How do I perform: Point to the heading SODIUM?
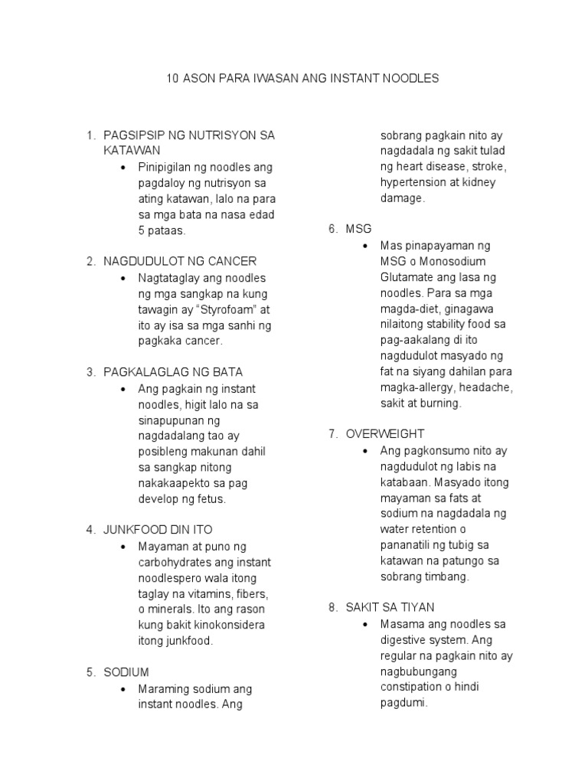[126, 672]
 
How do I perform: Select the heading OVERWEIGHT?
[384, 434]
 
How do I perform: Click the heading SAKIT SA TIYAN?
[392, 607]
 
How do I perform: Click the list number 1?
[90, 136]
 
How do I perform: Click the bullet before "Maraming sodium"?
[123, 689]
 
